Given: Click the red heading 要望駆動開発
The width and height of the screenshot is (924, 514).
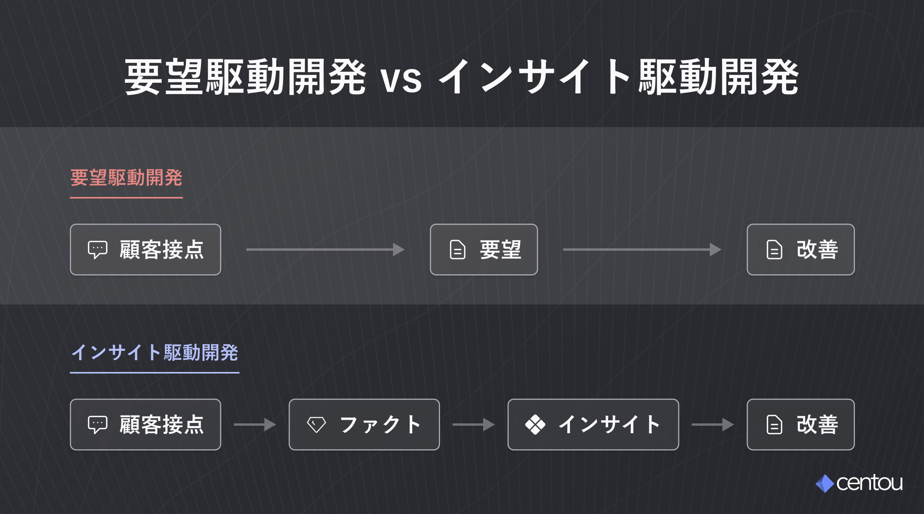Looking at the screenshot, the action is (126, 178).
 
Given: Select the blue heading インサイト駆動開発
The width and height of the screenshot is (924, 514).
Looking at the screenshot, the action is (155, 352).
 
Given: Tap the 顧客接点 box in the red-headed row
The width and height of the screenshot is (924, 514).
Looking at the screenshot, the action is (146, 250).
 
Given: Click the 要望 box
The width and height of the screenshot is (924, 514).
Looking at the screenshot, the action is (484, 250).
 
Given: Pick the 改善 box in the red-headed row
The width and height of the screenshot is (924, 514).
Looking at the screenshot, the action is (800, 250).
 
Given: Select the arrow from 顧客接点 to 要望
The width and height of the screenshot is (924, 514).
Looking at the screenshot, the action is (325, 250).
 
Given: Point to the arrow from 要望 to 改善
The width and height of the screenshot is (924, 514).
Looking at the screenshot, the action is (642, 250).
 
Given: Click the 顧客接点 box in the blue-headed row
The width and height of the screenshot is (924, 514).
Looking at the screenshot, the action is (146, 425).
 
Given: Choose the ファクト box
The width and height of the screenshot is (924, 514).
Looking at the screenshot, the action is (364, 425).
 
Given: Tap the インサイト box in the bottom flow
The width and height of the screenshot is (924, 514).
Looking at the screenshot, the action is (593, 425).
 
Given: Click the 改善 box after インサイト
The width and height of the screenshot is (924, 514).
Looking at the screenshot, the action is (800, 425).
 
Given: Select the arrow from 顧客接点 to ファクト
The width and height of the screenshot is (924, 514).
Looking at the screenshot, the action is (254, 425).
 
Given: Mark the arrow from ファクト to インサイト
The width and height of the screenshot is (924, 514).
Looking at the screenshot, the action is (473, 425).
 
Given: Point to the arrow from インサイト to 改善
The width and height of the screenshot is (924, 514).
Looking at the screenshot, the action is (712, 425).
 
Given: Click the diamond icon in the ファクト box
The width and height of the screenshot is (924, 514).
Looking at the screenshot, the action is (316, 425).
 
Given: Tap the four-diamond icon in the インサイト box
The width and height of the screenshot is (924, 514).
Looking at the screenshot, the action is (535, 425).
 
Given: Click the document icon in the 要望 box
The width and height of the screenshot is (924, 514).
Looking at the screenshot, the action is (457, 250).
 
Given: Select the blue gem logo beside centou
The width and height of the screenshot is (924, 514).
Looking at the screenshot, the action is (825, 483).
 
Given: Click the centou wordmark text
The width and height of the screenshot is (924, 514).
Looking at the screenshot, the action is (869, 483).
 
